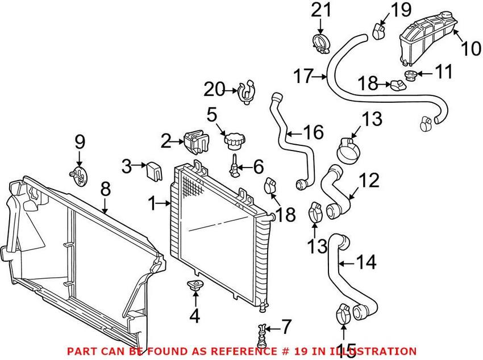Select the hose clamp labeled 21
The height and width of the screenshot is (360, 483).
click(321, 43)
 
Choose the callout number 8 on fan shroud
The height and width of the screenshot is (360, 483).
click(106, 189)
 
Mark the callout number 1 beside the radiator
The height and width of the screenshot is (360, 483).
click(152, 202)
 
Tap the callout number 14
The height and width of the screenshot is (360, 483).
click(366, 262)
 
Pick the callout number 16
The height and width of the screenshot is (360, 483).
click(313, 133)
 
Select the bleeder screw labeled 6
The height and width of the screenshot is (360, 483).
click(234, 166)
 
